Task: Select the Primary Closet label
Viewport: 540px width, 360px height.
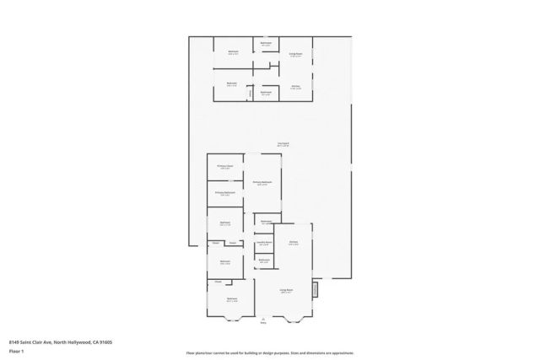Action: coord(224,167)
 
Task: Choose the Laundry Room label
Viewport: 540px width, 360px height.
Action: coord(264,243)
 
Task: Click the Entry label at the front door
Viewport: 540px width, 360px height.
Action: coord(262,321)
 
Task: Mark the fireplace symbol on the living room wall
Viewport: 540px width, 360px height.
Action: coord(315,290)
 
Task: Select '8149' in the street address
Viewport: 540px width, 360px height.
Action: coord(15,342)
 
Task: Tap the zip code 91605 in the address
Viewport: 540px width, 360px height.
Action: coord(106,342)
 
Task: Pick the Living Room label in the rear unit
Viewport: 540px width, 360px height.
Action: coord(295,51)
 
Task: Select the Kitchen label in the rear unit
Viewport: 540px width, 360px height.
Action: coord(295,86)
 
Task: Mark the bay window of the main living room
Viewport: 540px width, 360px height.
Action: coord(295,318)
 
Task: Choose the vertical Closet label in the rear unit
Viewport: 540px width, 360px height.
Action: coord(249,93)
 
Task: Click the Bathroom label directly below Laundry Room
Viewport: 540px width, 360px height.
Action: coord(264,260)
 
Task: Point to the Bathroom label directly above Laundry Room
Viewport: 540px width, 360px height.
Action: coord(265,222)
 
